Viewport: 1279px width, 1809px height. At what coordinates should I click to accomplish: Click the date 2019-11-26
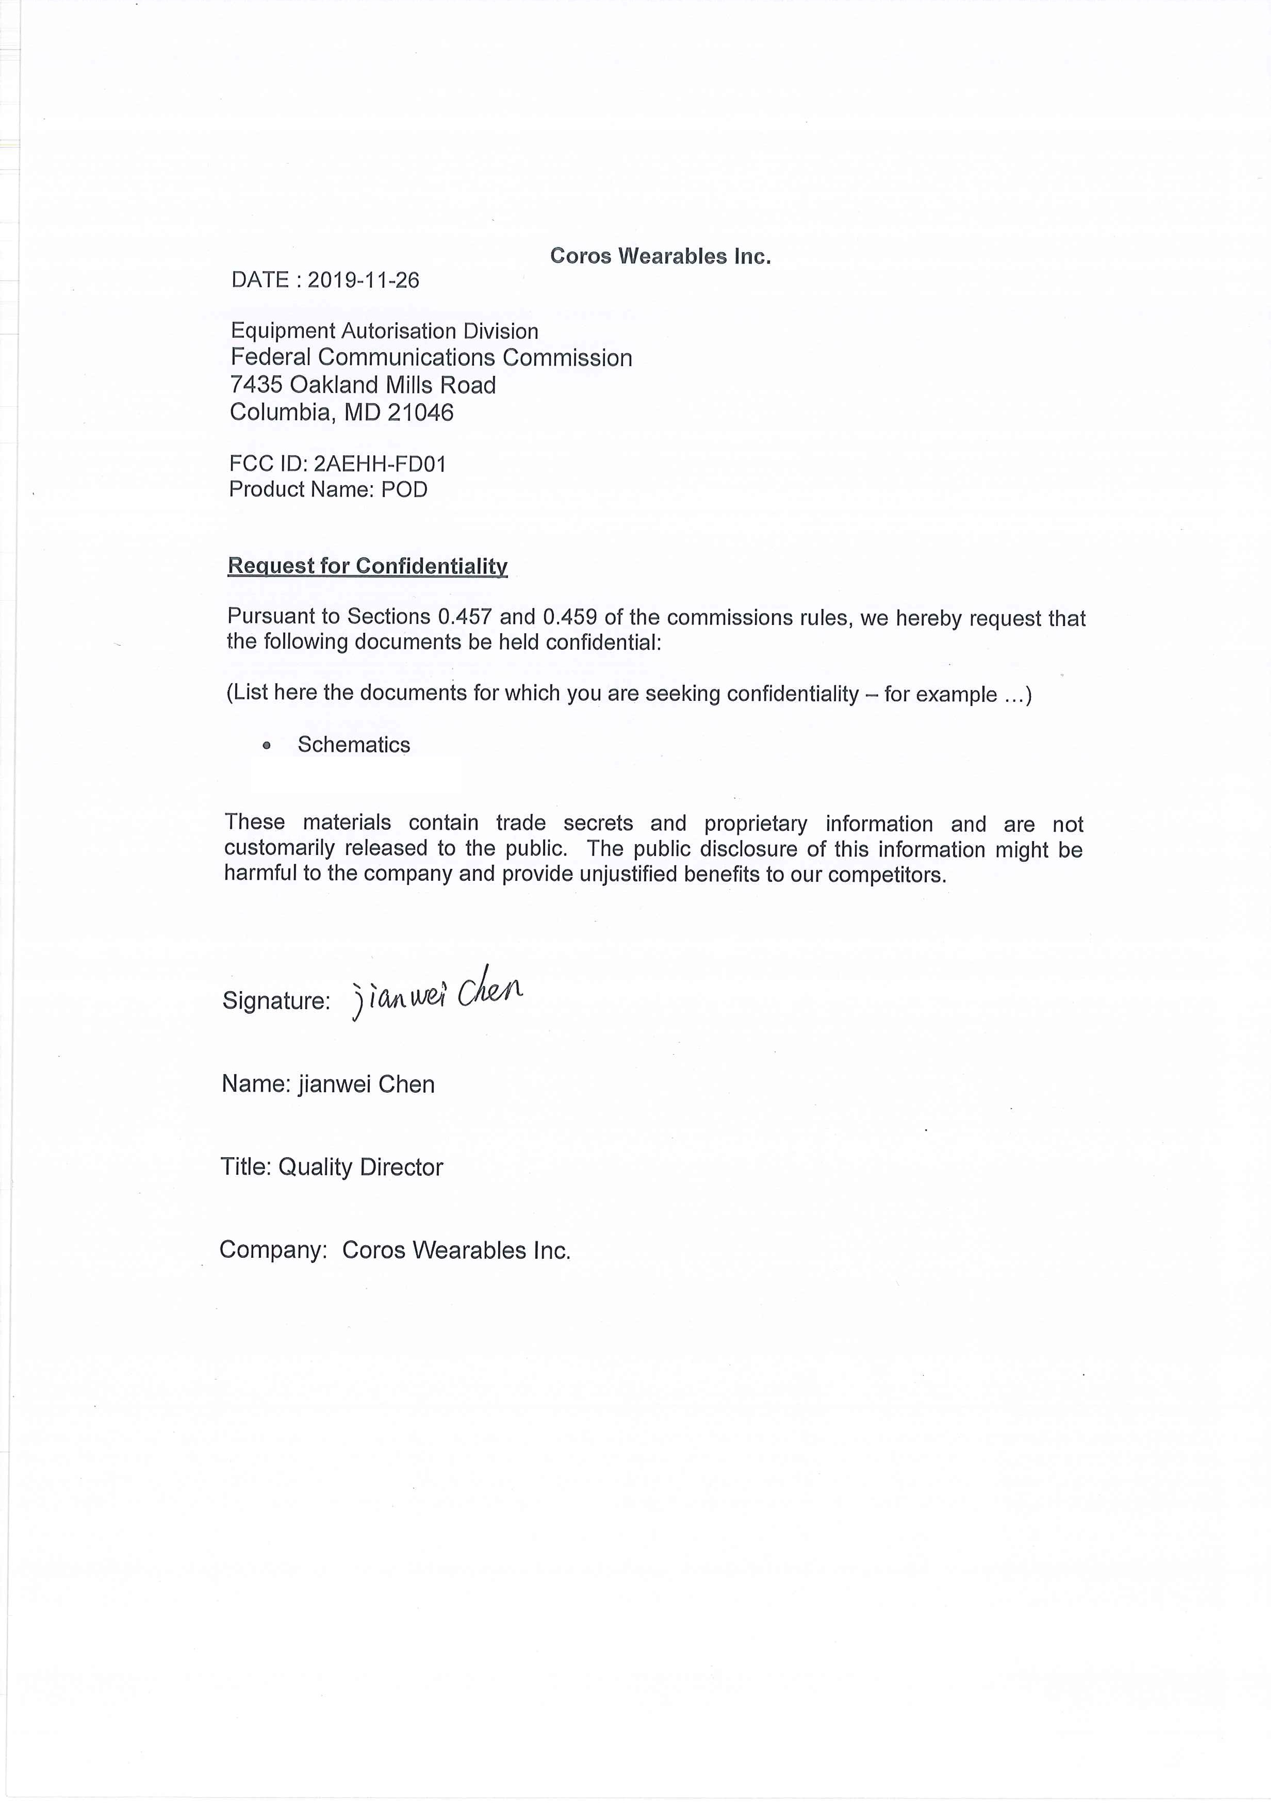(363, 281)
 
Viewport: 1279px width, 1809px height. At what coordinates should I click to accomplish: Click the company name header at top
(660, 256)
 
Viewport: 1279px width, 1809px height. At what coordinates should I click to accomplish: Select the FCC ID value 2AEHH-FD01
(380, 464)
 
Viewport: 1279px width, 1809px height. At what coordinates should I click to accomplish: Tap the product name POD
(404, 490)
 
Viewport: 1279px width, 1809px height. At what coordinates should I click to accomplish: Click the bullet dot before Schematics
(267, 745)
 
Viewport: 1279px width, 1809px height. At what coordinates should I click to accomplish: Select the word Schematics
(354, 745)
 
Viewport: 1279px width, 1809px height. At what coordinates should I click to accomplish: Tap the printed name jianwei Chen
(367, 1085)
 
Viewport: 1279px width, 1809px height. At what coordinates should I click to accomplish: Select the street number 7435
(256, 385)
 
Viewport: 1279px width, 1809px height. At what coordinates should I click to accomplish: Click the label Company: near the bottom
(273, 1251)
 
